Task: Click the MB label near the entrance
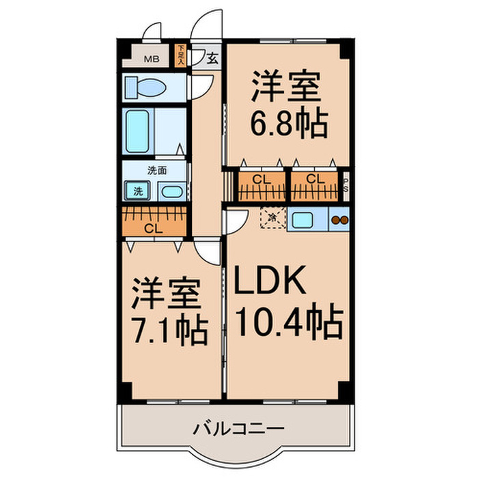152,59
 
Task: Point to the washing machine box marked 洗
137,192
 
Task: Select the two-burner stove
339,220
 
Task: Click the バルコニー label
238,430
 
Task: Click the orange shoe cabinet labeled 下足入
180,55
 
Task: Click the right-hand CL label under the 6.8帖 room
315,180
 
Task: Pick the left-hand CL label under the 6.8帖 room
259,180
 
